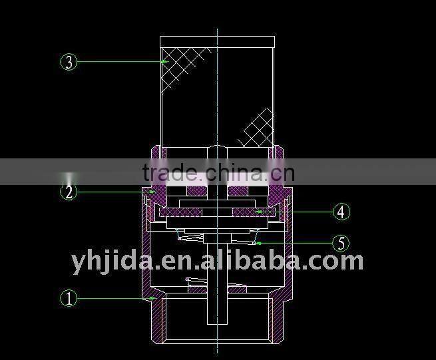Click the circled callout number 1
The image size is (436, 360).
(69, 298)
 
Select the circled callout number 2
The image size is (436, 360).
(69, 192)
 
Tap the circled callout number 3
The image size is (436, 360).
(69, 62)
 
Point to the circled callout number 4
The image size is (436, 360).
(341, 212)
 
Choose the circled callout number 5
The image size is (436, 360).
(341, 244)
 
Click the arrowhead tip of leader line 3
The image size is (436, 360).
(164, 62)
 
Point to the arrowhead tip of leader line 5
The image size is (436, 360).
(256, 244)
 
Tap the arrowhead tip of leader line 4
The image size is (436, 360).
(257, 212)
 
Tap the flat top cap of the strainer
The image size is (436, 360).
(217, 41)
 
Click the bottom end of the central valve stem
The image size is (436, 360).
(217, 322)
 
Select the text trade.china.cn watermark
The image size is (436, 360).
(218, 173)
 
